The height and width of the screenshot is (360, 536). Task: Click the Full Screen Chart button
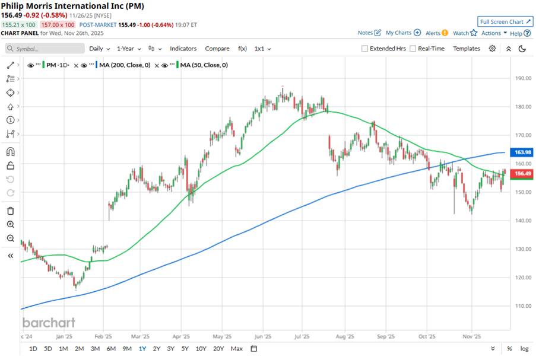[x=503, y=21]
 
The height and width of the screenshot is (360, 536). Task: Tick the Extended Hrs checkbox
[x=365, y=49]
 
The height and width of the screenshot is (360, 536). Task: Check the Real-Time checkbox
[x=413, y=49]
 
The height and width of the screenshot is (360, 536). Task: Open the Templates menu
[x=466, y=49]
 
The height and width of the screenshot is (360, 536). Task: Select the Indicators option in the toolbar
[x=183, y=49]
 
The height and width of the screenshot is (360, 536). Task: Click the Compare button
[x=217, y=49]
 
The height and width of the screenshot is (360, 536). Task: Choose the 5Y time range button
[x=185, y=348]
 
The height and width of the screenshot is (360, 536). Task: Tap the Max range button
[x=236, y=348]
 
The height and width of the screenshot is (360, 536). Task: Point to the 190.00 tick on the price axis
[x=522, y=78]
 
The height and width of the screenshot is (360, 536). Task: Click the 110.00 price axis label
[x=522, y=306]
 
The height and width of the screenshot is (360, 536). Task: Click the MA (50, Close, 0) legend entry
[x=204, y=65]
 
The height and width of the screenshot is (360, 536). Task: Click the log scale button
[x=524, y=348]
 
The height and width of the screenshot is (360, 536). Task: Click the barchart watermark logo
[x=49, y=323]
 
